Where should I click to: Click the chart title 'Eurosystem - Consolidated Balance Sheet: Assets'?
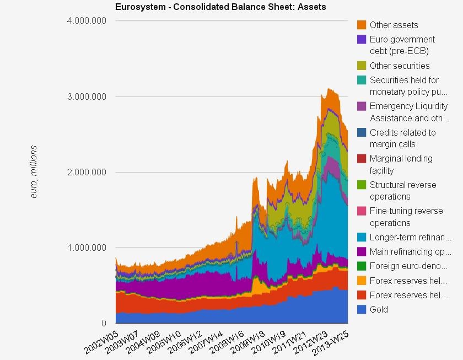(220, 7)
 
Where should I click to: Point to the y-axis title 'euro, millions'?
(34, 173)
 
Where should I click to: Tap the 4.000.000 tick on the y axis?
(88, 21)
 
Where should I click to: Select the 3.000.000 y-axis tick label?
(88, 96)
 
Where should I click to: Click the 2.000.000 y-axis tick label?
(88, 172)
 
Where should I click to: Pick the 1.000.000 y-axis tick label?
(88, 248)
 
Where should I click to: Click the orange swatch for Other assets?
(362, 25)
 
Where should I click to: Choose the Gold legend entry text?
(379, 309)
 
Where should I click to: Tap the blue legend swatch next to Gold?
(362, 309)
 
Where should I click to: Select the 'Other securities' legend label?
(400, 66)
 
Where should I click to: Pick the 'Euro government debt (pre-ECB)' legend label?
(402, 45)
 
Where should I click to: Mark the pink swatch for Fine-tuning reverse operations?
(362, 211)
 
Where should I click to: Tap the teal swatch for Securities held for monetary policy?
(362, 80)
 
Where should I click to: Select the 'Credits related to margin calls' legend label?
(402, 138)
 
